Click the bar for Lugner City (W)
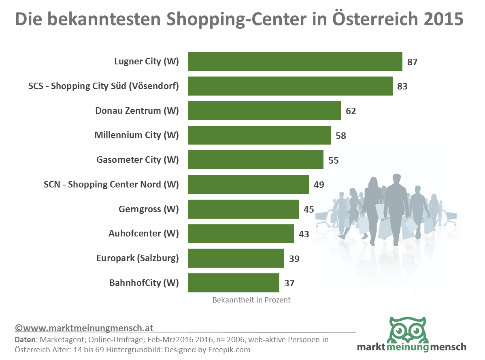pos(295,62)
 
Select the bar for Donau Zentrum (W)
pos(264,111)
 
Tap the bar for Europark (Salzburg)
pos(236,258)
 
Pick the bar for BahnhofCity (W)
pos(234,283)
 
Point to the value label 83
pos(402,86)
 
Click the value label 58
pos(341,136)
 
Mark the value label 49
pos(319,185)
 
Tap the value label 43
pos(304,234)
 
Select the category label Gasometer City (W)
pos(137,160)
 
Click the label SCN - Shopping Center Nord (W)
pos(111,184)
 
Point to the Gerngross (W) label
pos(149,209)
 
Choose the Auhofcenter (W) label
pos(143,234)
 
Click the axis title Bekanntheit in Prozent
pos(251,300)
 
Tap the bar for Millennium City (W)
pos(260,135)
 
